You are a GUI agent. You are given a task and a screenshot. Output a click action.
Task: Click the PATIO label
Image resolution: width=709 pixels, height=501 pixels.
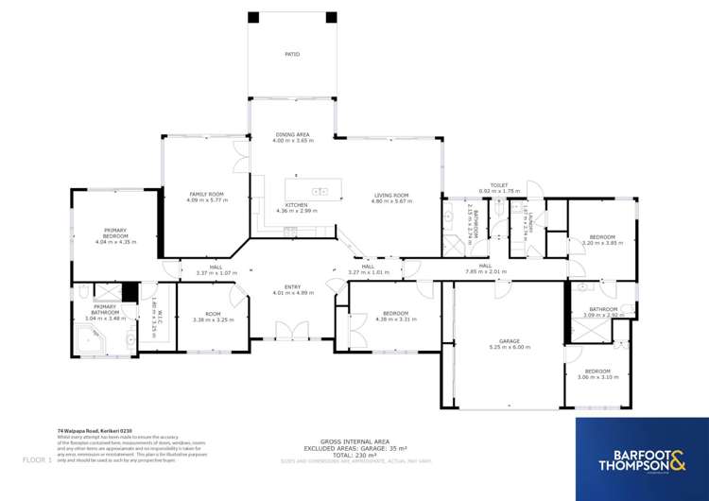[292, 55]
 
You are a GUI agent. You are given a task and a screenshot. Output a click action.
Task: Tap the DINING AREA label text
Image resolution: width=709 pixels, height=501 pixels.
[292, 135]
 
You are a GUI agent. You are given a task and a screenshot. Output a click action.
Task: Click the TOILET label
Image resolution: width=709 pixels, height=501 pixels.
[499, 185]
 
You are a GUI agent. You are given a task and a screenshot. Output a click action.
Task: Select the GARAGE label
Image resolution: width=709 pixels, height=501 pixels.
[510, 340]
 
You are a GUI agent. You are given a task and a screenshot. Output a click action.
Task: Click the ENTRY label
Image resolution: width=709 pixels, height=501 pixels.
[292, 287]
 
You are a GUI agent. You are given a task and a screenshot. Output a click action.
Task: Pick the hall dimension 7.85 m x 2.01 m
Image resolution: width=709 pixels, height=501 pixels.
[485, 272]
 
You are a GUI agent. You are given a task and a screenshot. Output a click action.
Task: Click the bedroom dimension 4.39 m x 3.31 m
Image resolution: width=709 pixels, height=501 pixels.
[395, 319]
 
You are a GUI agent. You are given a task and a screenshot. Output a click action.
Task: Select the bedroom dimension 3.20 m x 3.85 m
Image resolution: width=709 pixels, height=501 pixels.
[602, 243]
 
